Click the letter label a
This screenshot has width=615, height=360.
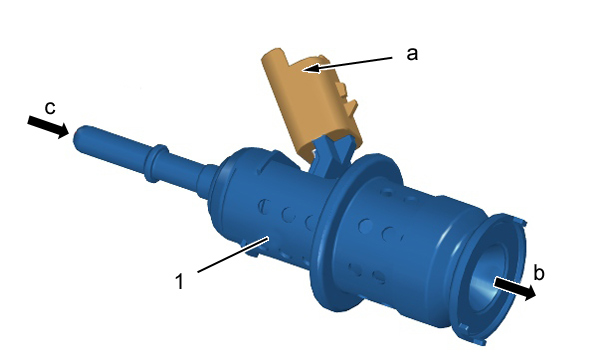tap(412, 54)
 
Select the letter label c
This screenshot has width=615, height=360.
tap(50, 107)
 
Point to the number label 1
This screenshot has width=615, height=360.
tap(180, 281)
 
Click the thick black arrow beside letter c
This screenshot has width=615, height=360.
tap(48, 126)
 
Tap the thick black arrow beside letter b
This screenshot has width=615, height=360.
tap(515, 288)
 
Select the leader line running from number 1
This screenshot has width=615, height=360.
tap(233, 254)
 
